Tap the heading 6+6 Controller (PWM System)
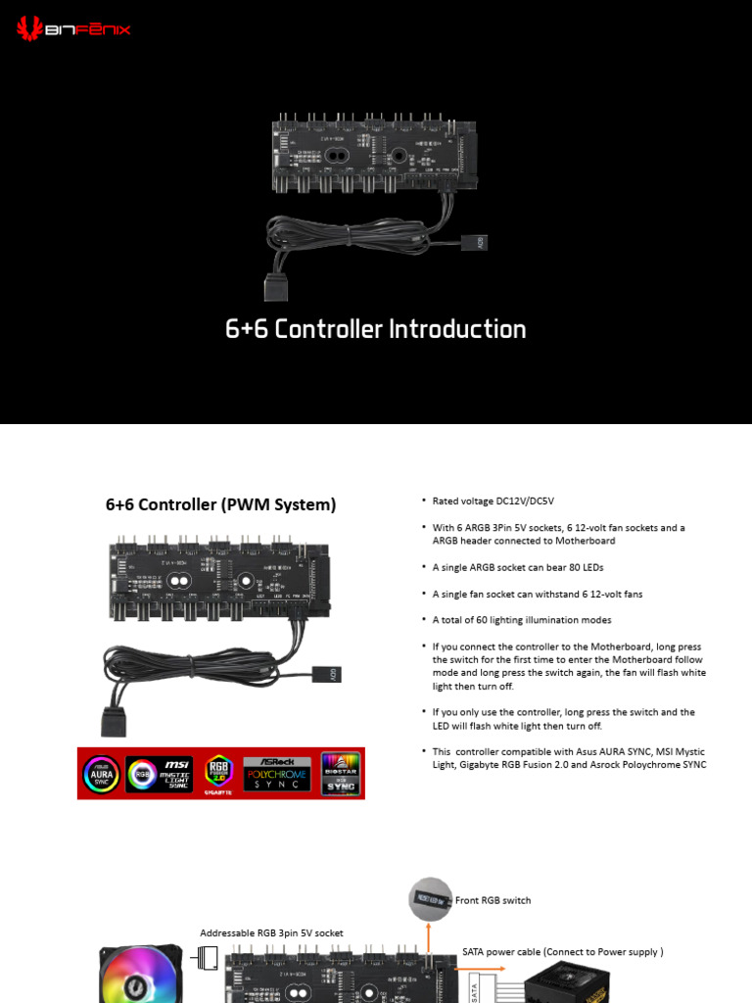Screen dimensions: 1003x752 pos(220,505)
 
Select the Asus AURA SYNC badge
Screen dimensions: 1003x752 pos(101,774)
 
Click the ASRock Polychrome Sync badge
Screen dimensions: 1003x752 pos(276,774)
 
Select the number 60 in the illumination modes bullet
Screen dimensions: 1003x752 pos(488,620)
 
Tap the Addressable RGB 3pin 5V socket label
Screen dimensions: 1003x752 pos(271,933)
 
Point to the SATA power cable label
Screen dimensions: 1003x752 pos(562,951)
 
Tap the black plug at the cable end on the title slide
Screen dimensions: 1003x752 pos(274,286)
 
